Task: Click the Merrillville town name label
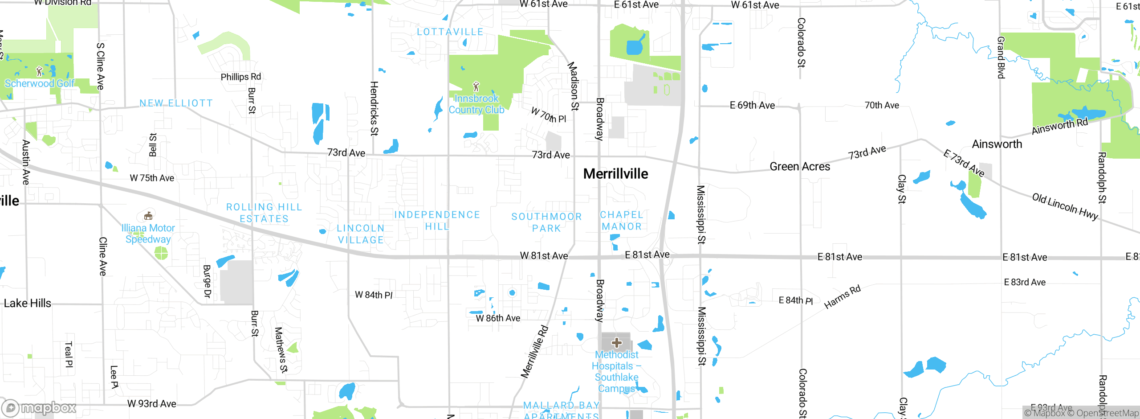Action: [x=615, y=174]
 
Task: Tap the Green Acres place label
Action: [x=800, y=167]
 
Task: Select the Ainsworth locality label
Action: [x=997, y=144]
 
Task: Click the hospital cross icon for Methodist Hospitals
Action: [x=616, y=342]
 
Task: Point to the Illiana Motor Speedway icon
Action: [x=148, y=216]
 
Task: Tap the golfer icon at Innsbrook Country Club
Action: [x=476, y=86]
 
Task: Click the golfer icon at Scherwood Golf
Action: [x=39, y=71]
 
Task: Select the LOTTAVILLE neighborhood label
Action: [x=450, y=32]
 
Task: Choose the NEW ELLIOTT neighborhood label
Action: [x=176, y=103]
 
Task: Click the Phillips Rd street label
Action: [x=240, y=77]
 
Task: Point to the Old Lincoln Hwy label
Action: [x=1065, y=206]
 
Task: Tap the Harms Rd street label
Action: [x=842, y=297]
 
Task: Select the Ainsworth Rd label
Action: [x=1059, y=126]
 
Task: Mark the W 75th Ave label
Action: [x=152, y=178]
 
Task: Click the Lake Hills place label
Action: [x=28, y=304]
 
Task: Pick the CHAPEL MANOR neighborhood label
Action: [x=621, y=221]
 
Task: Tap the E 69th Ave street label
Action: [x=752, y=106]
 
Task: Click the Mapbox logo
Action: [x=39, y=408]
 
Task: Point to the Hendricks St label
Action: [x=374, y=108]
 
